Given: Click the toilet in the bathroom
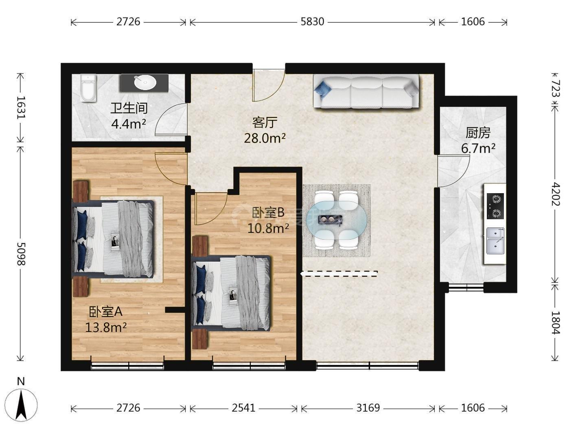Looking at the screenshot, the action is (88, 88).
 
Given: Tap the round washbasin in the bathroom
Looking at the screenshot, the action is (145, 82).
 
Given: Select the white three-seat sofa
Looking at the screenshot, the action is (366, 91).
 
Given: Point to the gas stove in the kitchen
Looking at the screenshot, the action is (495, 206).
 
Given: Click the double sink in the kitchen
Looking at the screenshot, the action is (495, 241).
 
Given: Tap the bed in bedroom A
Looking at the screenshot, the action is (113, 239).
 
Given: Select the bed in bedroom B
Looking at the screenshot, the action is (231, 293).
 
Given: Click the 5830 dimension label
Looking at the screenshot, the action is (312, 22).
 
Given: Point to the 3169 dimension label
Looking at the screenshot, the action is (368, 408).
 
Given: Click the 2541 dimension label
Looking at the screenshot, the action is (243, 408).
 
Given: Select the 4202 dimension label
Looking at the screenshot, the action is (556, 194).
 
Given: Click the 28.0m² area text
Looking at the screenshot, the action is (265, 138).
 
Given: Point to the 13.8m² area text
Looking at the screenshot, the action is (106, 328).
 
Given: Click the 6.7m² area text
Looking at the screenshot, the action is (478, 148).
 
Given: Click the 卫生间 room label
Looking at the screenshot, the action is (129, 108).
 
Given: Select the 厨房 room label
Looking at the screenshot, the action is (478, 133).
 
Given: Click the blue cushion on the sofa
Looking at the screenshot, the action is (323, 88).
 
